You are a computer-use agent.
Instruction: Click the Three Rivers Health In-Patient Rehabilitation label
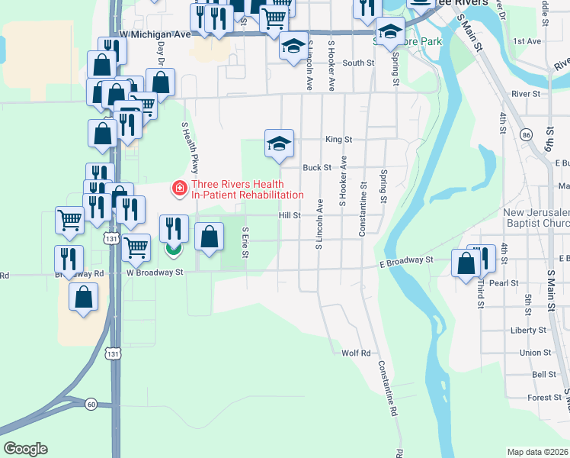(x=236, y=189)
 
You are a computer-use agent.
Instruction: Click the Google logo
(x=25, y=448)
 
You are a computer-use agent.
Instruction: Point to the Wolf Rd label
(x=356, y=353)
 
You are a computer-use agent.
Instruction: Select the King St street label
(x=338, y=140)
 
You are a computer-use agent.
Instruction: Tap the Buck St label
(x=317, y=167)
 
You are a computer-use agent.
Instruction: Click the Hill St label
(x=290, y=216)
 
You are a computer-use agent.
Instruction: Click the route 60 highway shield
(x=91, y=404)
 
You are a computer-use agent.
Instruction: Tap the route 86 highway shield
(x=526, y=135)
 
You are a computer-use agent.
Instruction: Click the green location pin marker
(x=174, y=248)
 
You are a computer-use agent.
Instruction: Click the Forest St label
(x=544, y=398)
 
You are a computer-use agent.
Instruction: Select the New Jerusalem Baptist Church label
(x=536, y=218)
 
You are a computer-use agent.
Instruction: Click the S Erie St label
(x=245, y=242)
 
